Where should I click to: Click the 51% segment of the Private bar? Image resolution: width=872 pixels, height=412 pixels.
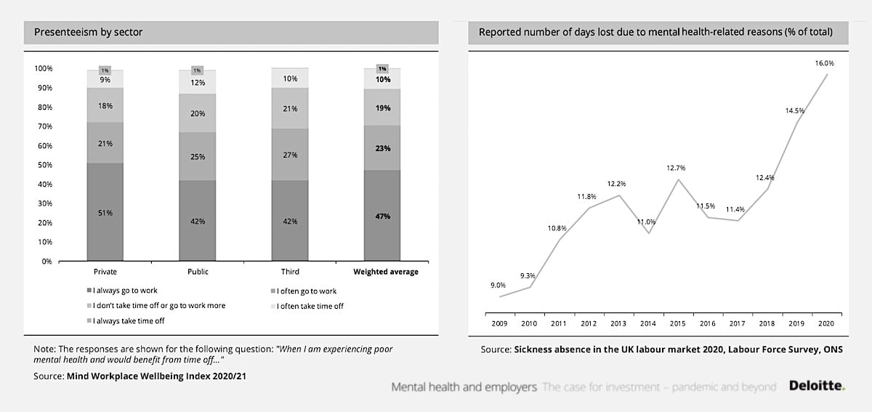(x=105, y=212)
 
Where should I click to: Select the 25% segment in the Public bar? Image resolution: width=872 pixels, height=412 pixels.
(x=197, y=155)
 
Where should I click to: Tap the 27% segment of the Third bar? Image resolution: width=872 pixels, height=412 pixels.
(x=290, y=155)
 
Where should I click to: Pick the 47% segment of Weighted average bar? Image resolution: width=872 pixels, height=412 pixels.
(x=382, y=216)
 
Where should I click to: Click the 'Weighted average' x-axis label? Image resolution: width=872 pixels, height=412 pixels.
(x=386, y=272)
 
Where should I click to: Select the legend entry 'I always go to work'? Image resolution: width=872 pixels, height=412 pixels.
(x=124, y=291)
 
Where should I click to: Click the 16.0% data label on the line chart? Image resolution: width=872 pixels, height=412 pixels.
(x=825, y=63)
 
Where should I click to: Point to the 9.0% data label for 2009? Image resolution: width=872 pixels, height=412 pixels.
(x=498, y=286)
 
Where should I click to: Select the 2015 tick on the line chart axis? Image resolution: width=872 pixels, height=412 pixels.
(x=677, y=323)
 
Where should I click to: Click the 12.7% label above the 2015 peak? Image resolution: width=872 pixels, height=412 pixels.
(x=676, y=168)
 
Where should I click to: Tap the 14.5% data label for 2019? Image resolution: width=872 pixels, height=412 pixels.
(x=794, y=110)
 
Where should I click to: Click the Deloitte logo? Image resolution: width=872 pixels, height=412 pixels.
(x=817, y=387)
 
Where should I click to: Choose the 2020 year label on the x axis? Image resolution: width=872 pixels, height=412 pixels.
(x=825, y=323)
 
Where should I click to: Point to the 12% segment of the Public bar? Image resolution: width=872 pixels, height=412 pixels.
(x=197, y=82)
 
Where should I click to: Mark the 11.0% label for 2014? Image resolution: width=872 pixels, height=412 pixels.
(x=646, y=222)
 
